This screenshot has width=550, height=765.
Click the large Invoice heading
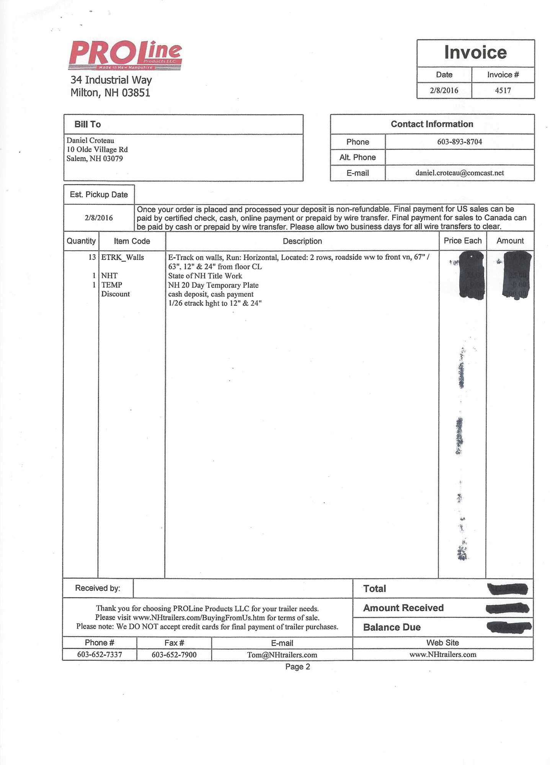(x=475, y=52)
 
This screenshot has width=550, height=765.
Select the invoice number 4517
(x=503, y=91)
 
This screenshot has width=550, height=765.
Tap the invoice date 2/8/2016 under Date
(x=444, y=91)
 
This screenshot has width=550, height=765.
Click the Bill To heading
(x=88, y=124)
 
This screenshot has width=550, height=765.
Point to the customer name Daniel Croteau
(x=90, y=140)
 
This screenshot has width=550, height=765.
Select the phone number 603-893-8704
(x=459, y=142)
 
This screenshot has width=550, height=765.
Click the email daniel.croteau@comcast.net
(x=459, y=173)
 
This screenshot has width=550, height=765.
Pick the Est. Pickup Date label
(x=99, y=195)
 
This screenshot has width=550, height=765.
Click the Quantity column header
(x=81, y=241)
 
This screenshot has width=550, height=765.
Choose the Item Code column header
(x=132, y=241)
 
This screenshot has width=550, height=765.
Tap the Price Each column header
(x=462, y=241)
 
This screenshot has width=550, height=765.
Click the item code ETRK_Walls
(x=122, y=257)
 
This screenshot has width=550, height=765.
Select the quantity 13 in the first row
(x=92, y=257)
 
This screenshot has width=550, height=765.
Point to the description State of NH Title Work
(x=205, y=276)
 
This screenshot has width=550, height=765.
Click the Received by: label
(x=98, y=588)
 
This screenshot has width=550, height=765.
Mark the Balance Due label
(x=392, y=627)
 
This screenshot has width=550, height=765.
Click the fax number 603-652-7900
(x=174, y=654)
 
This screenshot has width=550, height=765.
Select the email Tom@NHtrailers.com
(x=282, y=655)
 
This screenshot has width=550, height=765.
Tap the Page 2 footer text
(x=297, y=667)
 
